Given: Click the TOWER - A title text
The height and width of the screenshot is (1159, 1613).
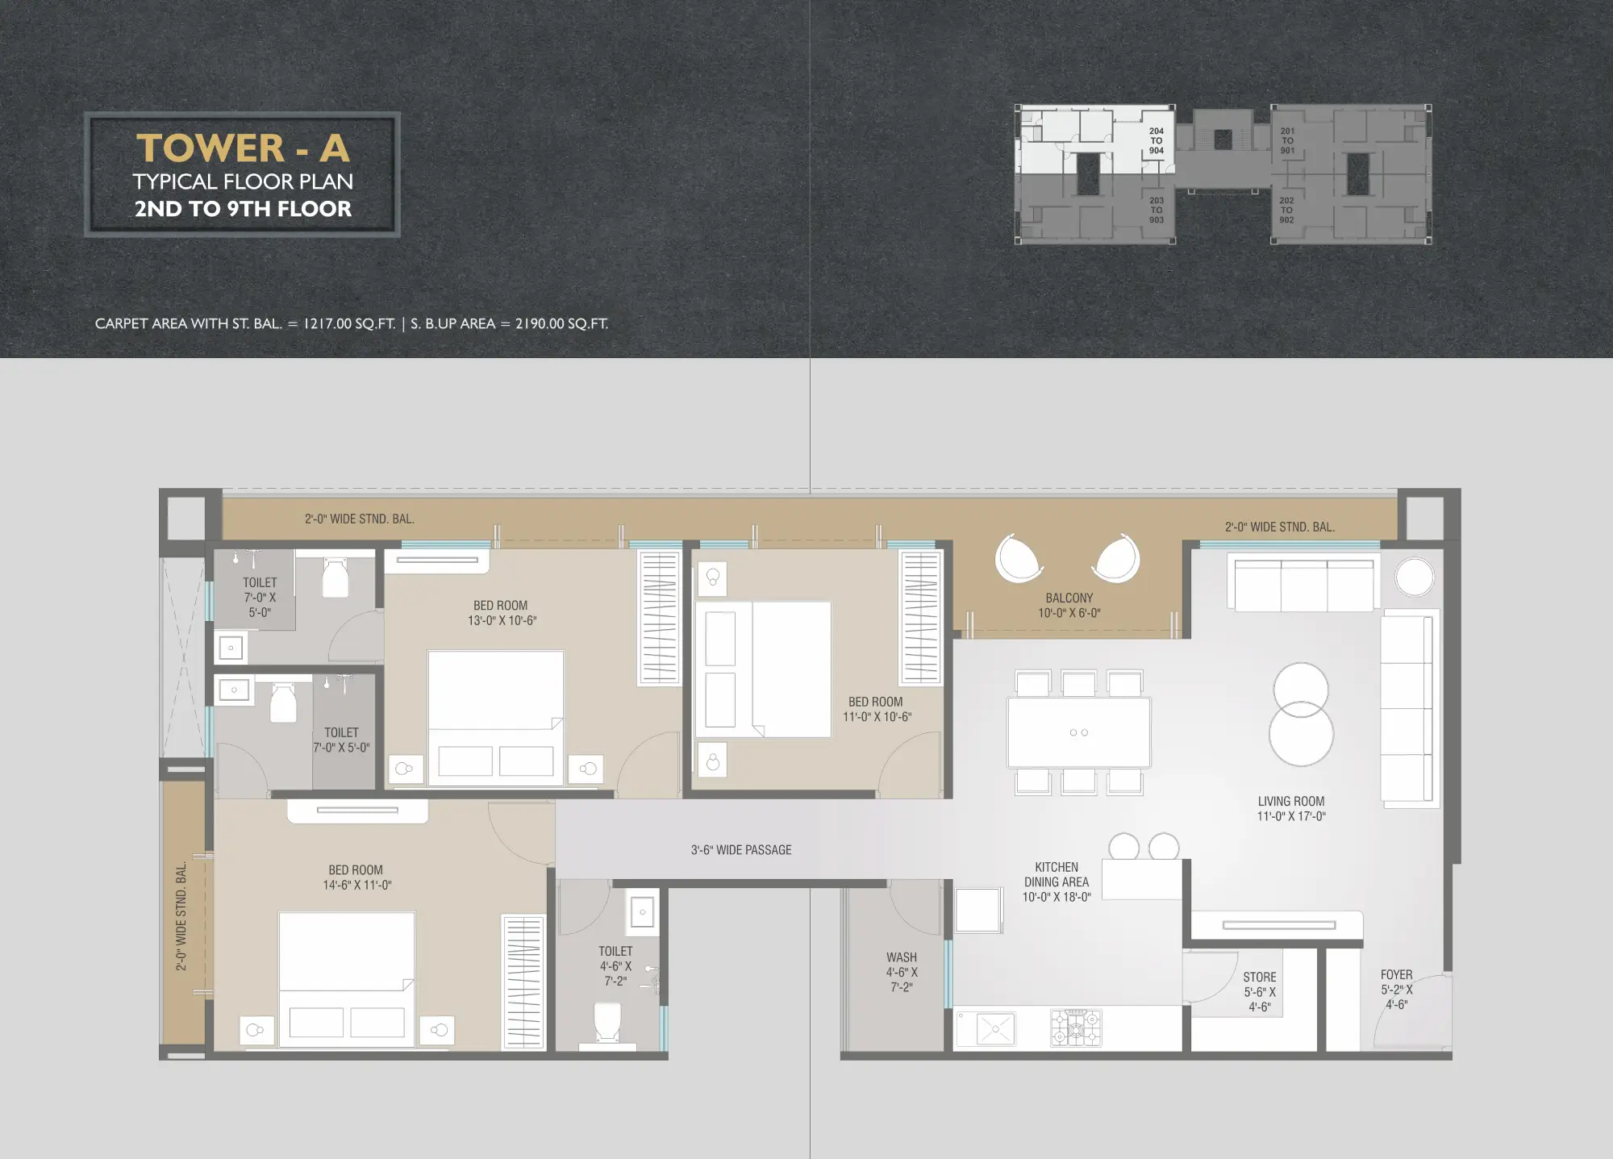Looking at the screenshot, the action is [x=243, y=148].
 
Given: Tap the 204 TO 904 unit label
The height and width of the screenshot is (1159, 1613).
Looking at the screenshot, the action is [x=1157, y=141].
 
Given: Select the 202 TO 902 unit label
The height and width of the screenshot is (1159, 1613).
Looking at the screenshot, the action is [x=1286, y=210].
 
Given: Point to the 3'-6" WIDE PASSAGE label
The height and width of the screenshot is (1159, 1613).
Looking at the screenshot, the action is [x=741, y=850].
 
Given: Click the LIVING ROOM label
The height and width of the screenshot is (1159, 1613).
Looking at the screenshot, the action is [x=1291, y=808].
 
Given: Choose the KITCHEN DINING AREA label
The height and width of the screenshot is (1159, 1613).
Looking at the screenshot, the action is [x=1057, y=882].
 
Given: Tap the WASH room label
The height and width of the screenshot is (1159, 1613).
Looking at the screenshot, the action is [x=902, y=972].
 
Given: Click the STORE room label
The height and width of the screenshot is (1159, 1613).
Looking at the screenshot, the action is [x=1260, y=991].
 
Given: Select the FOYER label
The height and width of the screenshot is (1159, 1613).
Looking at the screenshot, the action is [x=1397, y=989].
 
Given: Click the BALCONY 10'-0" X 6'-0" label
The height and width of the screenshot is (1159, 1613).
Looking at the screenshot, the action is [x=1069, y=605].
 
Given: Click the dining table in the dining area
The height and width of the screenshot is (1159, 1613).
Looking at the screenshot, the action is [x=1079, y=732].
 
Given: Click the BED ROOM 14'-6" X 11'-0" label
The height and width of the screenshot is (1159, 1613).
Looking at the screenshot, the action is [x=356, y=878].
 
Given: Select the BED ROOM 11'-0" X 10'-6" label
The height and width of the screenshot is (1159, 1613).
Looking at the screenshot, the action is [x=877, y=709].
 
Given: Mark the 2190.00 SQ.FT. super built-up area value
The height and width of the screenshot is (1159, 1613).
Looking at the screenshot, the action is [x=561, y=323].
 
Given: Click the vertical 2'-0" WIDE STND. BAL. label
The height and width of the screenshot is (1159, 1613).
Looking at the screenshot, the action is [x=181, y=915].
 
